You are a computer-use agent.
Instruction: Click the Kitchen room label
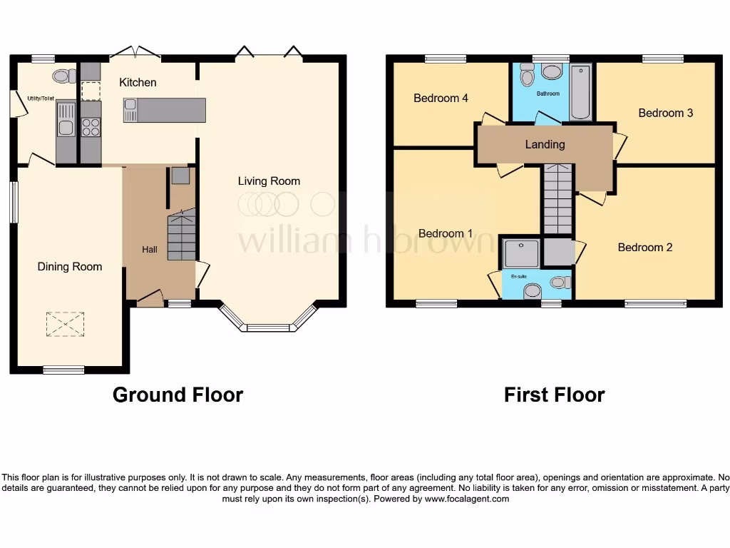coord(138,83)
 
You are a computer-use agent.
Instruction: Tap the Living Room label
coord(269,181)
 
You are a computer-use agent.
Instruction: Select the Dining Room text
coord(70,267)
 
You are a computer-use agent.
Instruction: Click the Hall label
coord(150,250)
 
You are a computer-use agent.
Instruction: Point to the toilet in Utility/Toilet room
coord(63,76)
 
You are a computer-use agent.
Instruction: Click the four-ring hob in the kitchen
coord(91,127)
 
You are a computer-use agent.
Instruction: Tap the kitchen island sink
coord(130,110)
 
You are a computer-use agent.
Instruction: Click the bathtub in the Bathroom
coord(581,92)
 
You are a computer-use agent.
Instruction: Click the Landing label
coord(545,144)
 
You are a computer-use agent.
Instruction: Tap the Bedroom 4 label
coord(441,98)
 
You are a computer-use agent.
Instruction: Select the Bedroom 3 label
coord(665,113)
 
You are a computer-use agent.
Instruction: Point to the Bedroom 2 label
coord(644,248)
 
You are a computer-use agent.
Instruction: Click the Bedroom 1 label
coord(445,233)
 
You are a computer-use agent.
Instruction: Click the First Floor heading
coord(554,395)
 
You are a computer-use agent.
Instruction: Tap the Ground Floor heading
coord(178,395)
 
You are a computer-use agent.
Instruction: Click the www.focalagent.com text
coord(467,499)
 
